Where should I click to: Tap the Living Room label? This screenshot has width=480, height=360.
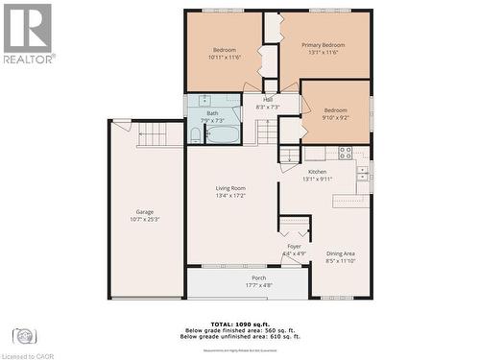(x=230, y=192)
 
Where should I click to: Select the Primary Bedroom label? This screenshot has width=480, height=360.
(x=323, y=49)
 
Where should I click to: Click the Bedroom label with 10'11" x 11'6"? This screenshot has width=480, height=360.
(x=225, y=53)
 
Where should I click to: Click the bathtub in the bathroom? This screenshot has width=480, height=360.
(x=223, y=133)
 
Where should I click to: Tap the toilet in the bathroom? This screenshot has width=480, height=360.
(x=195, y=135)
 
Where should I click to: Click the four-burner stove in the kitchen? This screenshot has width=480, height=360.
(x=345, y=152)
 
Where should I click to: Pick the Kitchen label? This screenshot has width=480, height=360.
(x=317, y=176)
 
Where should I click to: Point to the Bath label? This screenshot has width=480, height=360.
(x=212, y=117)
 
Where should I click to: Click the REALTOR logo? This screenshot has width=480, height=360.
(x=28, y=33)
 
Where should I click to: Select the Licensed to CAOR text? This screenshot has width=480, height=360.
(x=28, y=354)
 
